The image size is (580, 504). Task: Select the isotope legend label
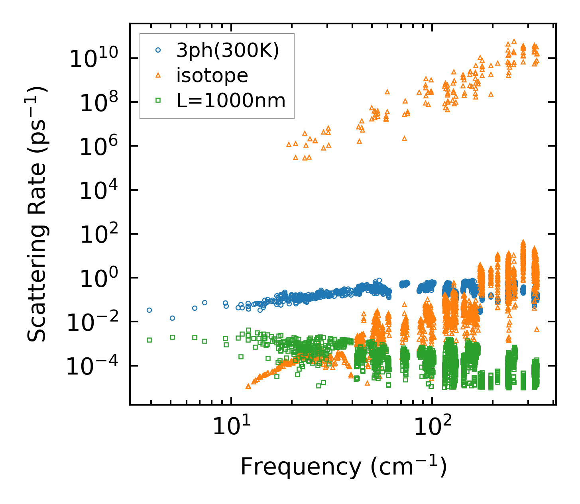[212, 75]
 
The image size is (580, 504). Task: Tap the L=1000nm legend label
[231, 101]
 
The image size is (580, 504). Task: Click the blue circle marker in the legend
[158, 50]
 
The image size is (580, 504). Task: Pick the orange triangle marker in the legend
[158, 75]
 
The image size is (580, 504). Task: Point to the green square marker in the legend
[158, 101]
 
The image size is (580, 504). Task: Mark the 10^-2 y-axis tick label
[96, 323]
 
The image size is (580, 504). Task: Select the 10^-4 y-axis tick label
[96, 367]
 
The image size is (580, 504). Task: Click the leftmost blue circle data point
[149, 310]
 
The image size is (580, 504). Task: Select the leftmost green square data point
[149, 340]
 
